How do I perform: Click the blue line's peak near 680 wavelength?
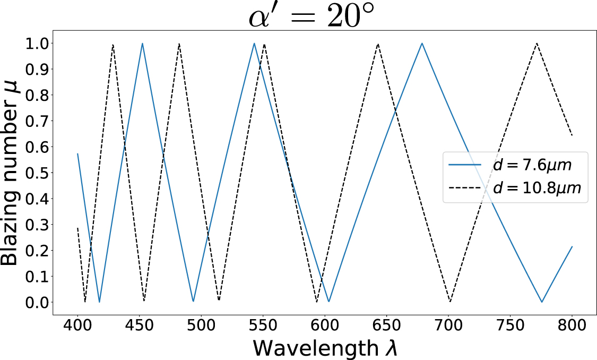(x=422, y=43)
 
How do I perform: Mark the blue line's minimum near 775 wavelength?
(x=542, y=302)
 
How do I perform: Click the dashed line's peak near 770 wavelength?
(x=537, y=43)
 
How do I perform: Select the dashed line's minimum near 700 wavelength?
(x=450, y=302)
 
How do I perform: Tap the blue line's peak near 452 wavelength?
(x=142, y=43)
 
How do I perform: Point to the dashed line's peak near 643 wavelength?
(x=378, y=44)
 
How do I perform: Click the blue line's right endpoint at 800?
(x=572, y=246)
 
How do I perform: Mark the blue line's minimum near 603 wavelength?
(x=329, y=302)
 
